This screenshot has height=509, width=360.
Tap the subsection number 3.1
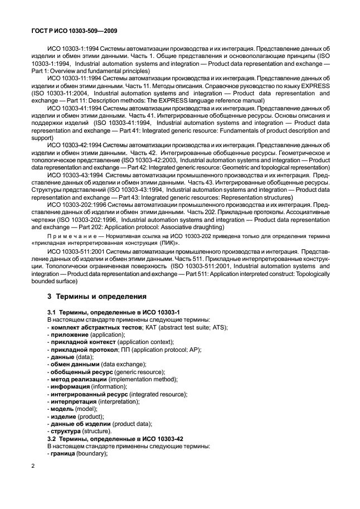pos(53,313)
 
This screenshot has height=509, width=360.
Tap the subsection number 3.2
pos(53,439)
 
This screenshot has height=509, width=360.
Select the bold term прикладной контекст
pos(80,342)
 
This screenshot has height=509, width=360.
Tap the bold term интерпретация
pos(74,401)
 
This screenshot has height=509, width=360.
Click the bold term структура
pos(66,431)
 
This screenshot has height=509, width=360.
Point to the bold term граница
pos(63,453)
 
